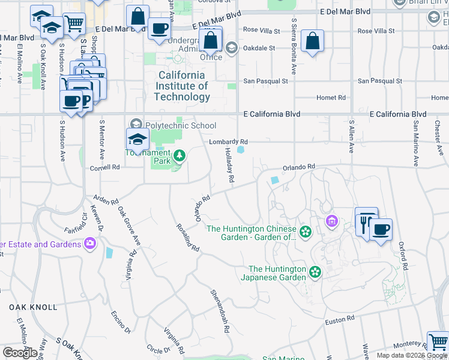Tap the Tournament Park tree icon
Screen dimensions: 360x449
click(179, 157)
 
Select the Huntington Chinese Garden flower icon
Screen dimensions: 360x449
click(306, 232)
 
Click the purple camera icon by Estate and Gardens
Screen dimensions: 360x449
click(90, 244)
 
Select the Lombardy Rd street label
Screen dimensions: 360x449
click(228, 142)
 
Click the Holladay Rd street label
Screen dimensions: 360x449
click(229, 166)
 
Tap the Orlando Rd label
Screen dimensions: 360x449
click(299, 166)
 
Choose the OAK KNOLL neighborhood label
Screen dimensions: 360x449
click(34, 307)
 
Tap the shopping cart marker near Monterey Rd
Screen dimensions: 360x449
click(438, 342)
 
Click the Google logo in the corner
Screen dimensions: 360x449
click(20, 353)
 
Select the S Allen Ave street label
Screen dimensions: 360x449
click(352, 136)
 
